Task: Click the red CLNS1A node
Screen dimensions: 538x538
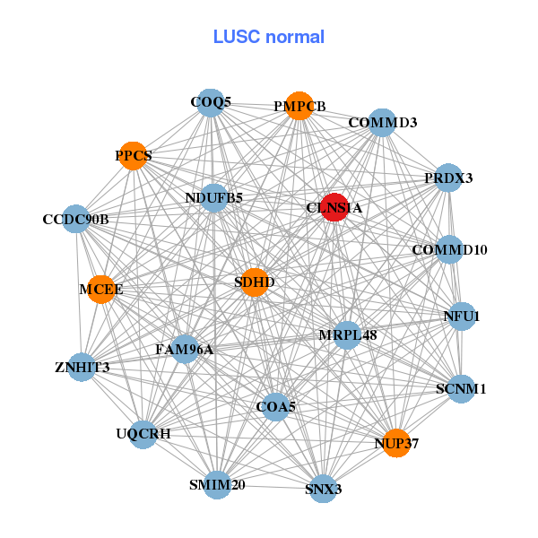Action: click(334, 207)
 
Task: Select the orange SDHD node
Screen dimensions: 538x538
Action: click(255, 282)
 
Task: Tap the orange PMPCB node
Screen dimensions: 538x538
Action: click(299, 106)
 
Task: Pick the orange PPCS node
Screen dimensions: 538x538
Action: click(133, 156)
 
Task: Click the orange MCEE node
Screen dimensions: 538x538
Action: click(101, 289)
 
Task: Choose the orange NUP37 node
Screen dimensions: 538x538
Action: click(396, 442)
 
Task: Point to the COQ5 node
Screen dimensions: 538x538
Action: click(210, 103)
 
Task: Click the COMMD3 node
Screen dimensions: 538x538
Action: click(383, 123)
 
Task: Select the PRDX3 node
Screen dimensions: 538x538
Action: click(447, 178)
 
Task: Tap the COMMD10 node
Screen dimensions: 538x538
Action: click(449, 249)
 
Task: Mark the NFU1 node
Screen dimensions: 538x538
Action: click(461, 317)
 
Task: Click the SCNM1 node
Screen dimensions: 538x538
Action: click(460, 389)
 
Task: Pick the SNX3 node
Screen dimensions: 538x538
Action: click(322, 488)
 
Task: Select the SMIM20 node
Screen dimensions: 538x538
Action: click(217, 484)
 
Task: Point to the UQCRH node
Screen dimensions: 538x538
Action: click(143, 434)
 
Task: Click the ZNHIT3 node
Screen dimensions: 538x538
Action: click(82, 367)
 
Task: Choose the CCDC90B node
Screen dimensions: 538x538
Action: click(76, 219)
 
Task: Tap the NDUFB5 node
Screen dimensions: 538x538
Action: click(214, 197)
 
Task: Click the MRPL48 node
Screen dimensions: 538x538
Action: click(347, 335)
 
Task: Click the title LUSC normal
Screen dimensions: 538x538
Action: click(269, 37)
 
